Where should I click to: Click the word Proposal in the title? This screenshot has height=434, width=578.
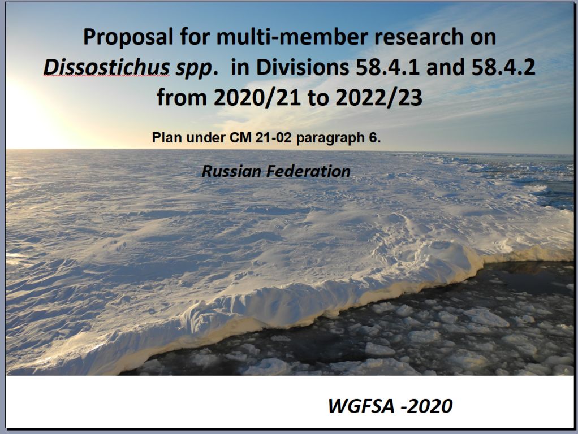[128, 38]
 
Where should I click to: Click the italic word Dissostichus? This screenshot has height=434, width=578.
[106, 67]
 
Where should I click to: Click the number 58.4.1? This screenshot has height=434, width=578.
[387, 67]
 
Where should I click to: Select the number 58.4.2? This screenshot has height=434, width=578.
[503, 67]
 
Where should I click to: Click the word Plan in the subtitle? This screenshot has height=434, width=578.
[167, 138]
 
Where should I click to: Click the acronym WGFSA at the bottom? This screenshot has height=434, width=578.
[361, 406]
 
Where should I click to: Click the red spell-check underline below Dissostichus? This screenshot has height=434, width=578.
[106, 76]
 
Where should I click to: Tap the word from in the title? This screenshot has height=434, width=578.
[182, 98]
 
